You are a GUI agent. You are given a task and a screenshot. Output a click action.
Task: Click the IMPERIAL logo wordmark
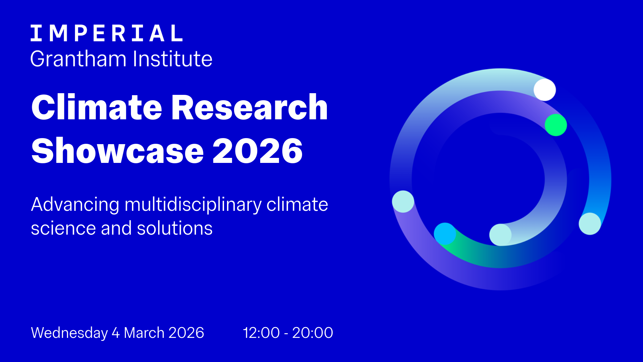click(106, 33)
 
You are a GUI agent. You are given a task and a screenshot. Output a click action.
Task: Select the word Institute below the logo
click(172, 59)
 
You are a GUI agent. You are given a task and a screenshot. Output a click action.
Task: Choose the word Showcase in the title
click(118, 151)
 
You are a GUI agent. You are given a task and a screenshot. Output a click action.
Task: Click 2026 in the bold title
click(258, 151)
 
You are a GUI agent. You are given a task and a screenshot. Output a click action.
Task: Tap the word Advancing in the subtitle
click(75, 205)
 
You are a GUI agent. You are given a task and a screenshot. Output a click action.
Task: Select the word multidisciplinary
click(193, 205)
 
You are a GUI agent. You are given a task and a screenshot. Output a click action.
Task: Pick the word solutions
click(174, 228)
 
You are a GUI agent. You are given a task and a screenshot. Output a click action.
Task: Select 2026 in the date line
click(186, 333)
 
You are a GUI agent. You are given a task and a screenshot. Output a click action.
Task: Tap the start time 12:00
click(261, 333)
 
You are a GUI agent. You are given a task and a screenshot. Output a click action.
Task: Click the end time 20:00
click(312, 333)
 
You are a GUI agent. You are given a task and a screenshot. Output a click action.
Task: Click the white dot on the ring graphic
click(545, 90)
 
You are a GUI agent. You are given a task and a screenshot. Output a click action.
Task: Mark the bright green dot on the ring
click(556, 125)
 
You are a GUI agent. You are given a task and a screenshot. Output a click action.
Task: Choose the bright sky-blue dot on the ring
click(445, 234)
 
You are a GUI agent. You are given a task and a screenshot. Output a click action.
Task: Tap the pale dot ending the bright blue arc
click(590, 224)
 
